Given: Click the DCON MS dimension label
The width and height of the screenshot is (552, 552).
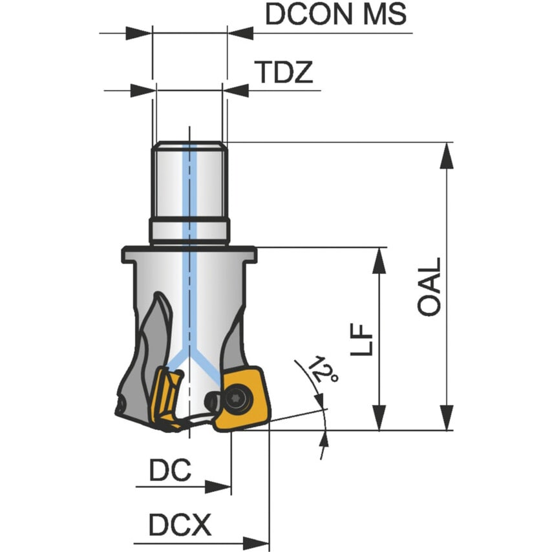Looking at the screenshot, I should [x=335, y=14].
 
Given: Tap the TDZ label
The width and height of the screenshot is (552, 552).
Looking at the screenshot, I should [x=283, y=74].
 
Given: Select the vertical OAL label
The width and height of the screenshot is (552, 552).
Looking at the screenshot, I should [x=429, y=287].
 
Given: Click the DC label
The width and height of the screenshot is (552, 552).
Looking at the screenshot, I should [x=170, y=471].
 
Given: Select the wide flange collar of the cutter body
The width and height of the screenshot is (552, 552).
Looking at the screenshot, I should [x=189, y=255].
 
